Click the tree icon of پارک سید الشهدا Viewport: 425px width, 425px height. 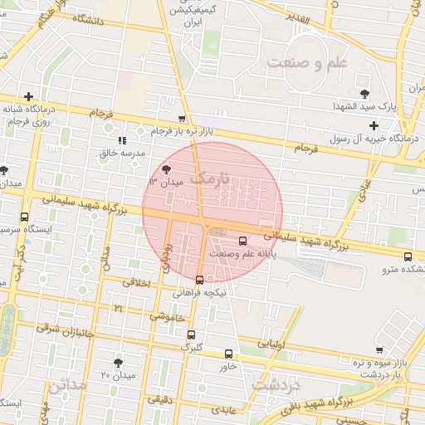click(x=365, y=92)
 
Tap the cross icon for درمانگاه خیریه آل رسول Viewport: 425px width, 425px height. click(x=374, y=126)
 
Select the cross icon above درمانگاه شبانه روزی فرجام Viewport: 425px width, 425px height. click(x=29, y=96)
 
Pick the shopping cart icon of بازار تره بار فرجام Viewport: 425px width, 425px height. click(x=182, y=120)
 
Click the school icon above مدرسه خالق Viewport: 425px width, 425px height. click(x=123, y=141)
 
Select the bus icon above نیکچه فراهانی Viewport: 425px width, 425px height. click(x=198, y=280)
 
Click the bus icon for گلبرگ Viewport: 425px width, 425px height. click(x=193, y=335)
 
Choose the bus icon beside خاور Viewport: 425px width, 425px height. click(x=228, y=353)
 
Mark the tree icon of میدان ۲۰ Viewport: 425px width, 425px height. click(x=118, y=362)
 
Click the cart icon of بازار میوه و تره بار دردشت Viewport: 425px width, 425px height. click(x=379, y=350)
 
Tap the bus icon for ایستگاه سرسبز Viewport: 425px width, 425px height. click(x=24, y=217)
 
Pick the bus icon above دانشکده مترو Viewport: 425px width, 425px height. click(x=408, y=256)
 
